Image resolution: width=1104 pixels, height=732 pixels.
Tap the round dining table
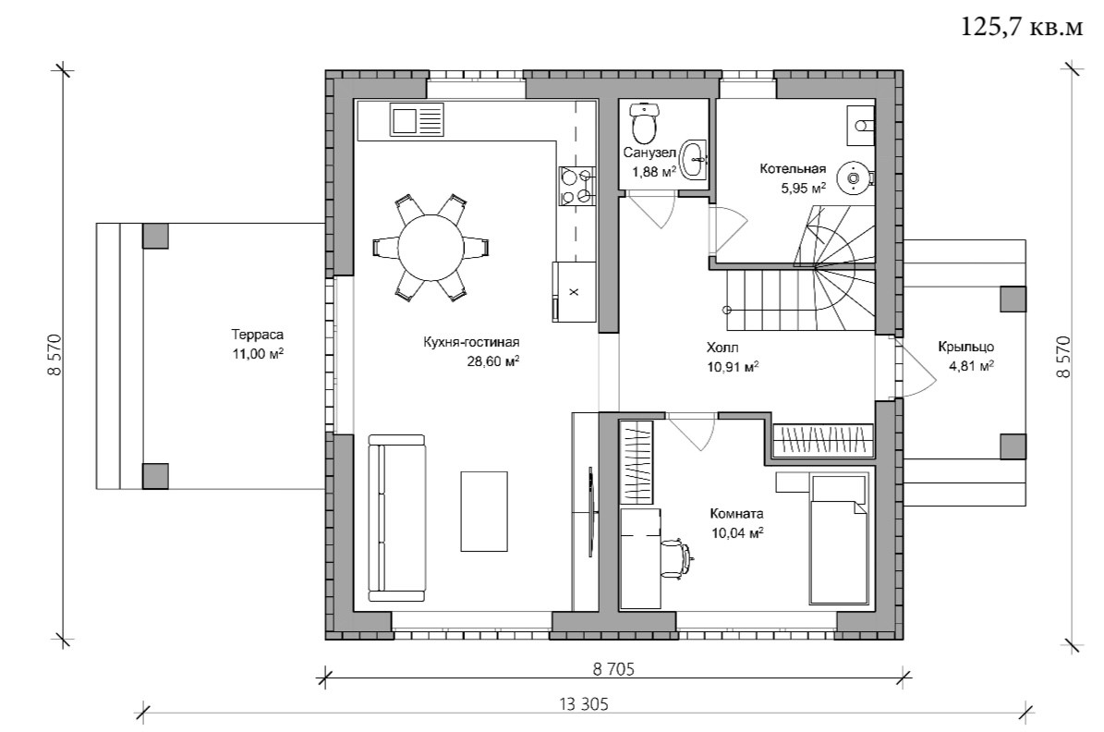coord(431,248)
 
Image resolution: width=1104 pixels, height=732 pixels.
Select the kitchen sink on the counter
coord(417,120)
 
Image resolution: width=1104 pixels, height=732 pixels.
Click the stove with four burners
coord(577,186)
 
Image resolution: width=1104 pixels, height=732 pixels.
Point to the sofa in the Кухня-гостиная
coord(397,518)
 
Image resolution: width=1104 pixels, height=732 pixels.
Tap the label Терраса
coord(257,335)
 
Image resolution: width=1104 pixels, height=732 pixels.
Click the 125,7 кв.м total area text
coord(1022,27)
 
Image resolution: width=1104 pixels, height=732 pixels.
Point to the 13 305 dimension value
coord(584,703)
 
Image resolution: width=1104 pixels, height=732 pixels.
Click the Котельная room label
coord(792,169)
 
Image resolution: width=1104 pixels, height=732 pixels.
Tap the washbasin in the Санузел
coord(695,160)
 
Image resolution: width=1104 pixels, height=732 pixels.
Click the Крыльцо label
coord(965,347)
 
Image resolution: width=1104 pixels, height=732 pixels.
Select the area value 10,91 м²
coord(733,366)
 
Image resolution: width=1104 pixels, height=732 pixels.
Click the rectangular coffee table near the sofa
coord(484,511)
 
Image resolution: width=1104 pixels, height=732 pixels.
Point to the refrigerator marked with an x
coord(574,292)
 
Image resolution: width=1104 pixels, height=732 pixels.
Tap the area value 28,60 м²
coord(492,361)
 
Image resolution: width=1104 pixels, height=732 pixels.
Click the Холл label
coord(722,348)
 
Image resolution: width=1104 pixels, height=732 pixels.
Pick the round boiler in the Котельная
coord(854,177)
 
